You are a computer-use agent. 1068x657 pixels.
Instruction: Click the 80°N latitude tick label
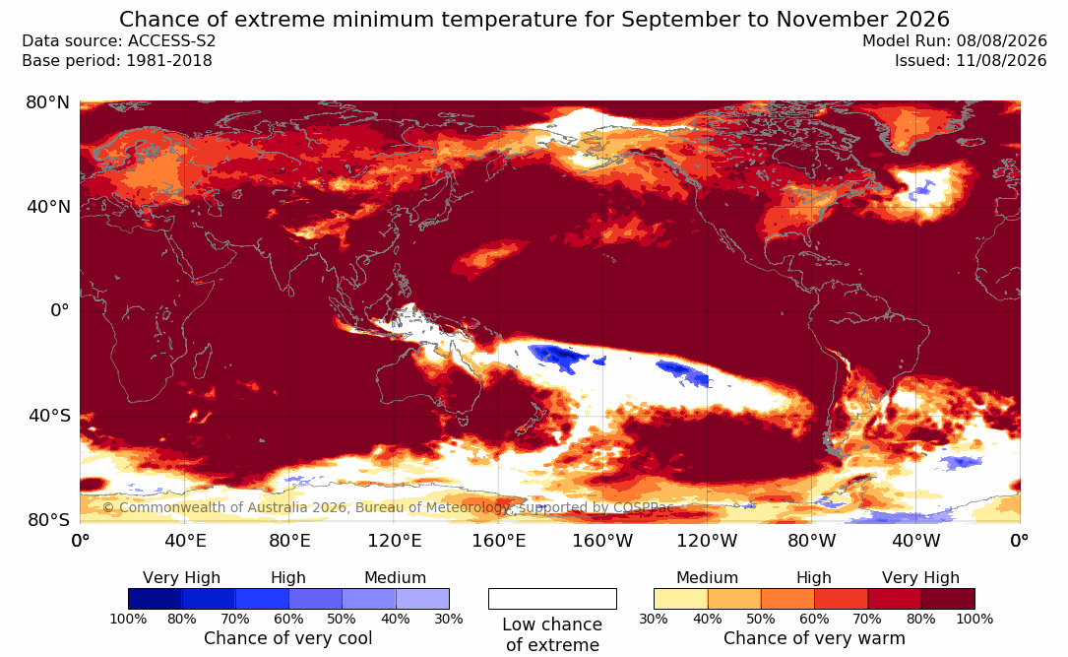(47, 102)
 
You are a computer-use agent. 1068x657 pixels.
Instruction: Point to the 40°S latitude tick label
(48, 416)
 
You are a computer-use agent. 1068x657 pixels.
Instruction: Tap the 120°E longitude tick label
(395, 541)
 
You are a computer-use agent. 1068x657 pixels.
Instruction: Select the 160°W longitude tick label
(602, 541)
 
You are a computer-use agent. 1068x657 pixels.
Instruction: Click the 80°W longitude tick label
(811, 541)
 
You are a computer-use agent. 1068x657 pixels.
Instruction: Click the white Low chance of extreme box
(552, 599)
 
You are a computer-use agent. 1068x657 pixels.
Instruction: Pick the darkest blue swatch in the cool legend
(156, 599)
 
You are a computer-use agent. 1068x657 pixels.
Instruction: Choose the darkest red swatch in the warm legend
(948, 599)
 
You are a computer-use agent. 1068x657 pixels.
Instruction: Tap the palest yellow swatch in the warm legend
(680, 599)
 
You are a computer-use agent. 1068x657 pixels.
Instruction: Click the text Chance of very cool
(288, 638)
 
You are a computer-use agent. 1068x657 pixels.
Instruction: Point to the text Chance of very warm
(815, 638)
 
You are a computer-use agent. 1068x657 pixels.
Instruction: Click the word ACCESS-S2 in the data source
(171, 41)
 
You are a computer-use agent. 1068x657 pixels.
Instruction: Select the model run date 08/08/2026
(1001, 41)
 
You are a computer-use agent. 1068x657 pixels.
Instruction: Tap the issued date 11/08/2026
(1001, 61)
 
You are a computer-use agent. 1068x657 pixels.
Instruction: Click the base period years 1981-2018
(169, 61)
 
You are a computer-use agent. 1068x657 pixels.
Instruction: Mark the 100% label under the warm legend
(974, 619)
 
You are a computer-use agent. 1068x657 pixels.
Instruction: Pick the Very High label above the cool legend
(182, 578)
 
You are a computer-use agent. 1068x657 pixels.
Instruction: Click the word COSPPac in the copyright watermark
(643, 507)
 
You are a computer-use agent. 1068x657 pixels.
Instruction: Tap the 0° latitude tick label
(60, 311)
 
